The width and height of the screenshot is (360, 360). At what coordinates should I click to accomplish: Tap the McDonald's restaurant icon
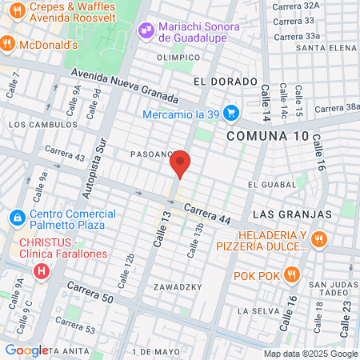(6, 45)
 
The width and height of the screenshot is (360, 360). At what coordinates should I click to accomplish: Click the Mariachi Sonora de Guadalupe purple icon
(146, 30)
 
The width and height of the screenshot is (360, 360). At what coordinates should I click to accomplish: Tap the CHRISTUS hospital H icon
(41, 272)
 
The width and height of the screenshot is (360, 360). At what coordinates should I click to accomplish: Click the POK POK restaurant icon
(291, 276)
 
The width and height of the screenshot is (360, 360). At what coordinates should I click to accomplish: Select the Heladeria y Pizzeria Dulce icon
(318, 238)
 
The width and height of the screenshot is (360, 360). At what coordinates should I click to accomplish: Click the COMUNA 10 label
(267, 136)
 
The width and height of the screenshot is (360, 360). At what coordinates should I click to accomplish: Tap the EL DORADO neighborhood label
(226, 82)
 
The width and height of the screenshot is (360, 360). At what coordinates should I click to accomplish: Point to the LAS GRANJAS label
(292, 215)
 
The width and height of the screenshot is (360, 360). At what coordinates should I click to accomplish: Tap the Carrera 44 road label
(207, 214)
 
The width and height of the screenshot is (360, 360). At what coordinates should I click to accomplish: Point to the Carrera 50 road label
(87, 292)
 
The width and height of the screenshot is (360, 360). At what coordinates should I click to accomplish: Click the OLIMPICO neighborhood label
(178, 57)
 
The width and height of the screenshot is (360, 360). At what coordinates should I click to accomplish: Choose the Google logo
(26, 350)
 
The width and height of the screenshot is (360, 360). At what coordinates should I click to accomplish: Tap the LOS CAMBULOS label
(34, 125)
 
